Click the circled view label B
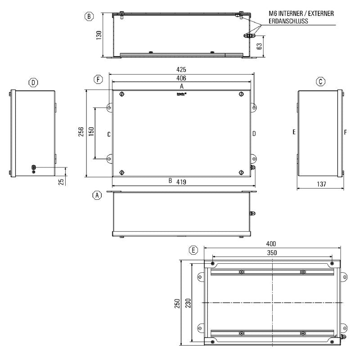point(89,17)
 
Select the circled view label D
point(33,82)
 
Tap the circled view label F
point(98,80)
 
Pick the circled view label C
point(320,82)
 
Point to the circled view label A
point(96,195)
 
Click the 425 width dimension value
point(181,70)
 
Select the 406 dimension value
point(181,78)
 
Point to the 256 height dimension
point(81,132)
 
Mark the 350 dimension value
point(271,253)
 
